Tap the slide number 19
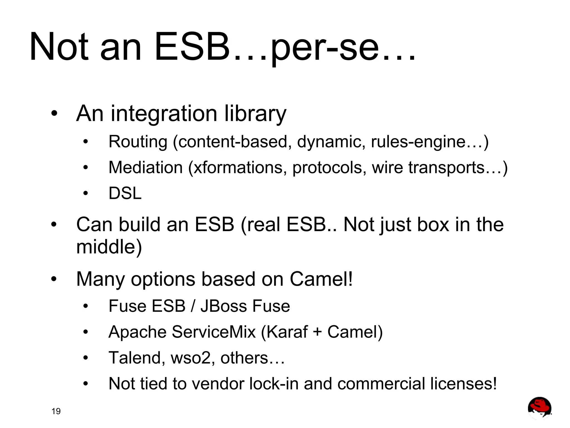(56, 411)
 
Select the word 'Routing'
(138, 142)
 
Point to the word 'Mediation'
(146, 168)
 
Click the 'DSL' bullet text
(125, 193)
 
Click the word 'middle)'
(109, 247)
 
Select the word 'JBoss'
(223, 306)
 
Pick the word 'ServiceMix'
(214, 332)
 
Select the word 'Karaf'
(287, 332)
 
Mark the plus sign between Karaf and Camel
(317, 332)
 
